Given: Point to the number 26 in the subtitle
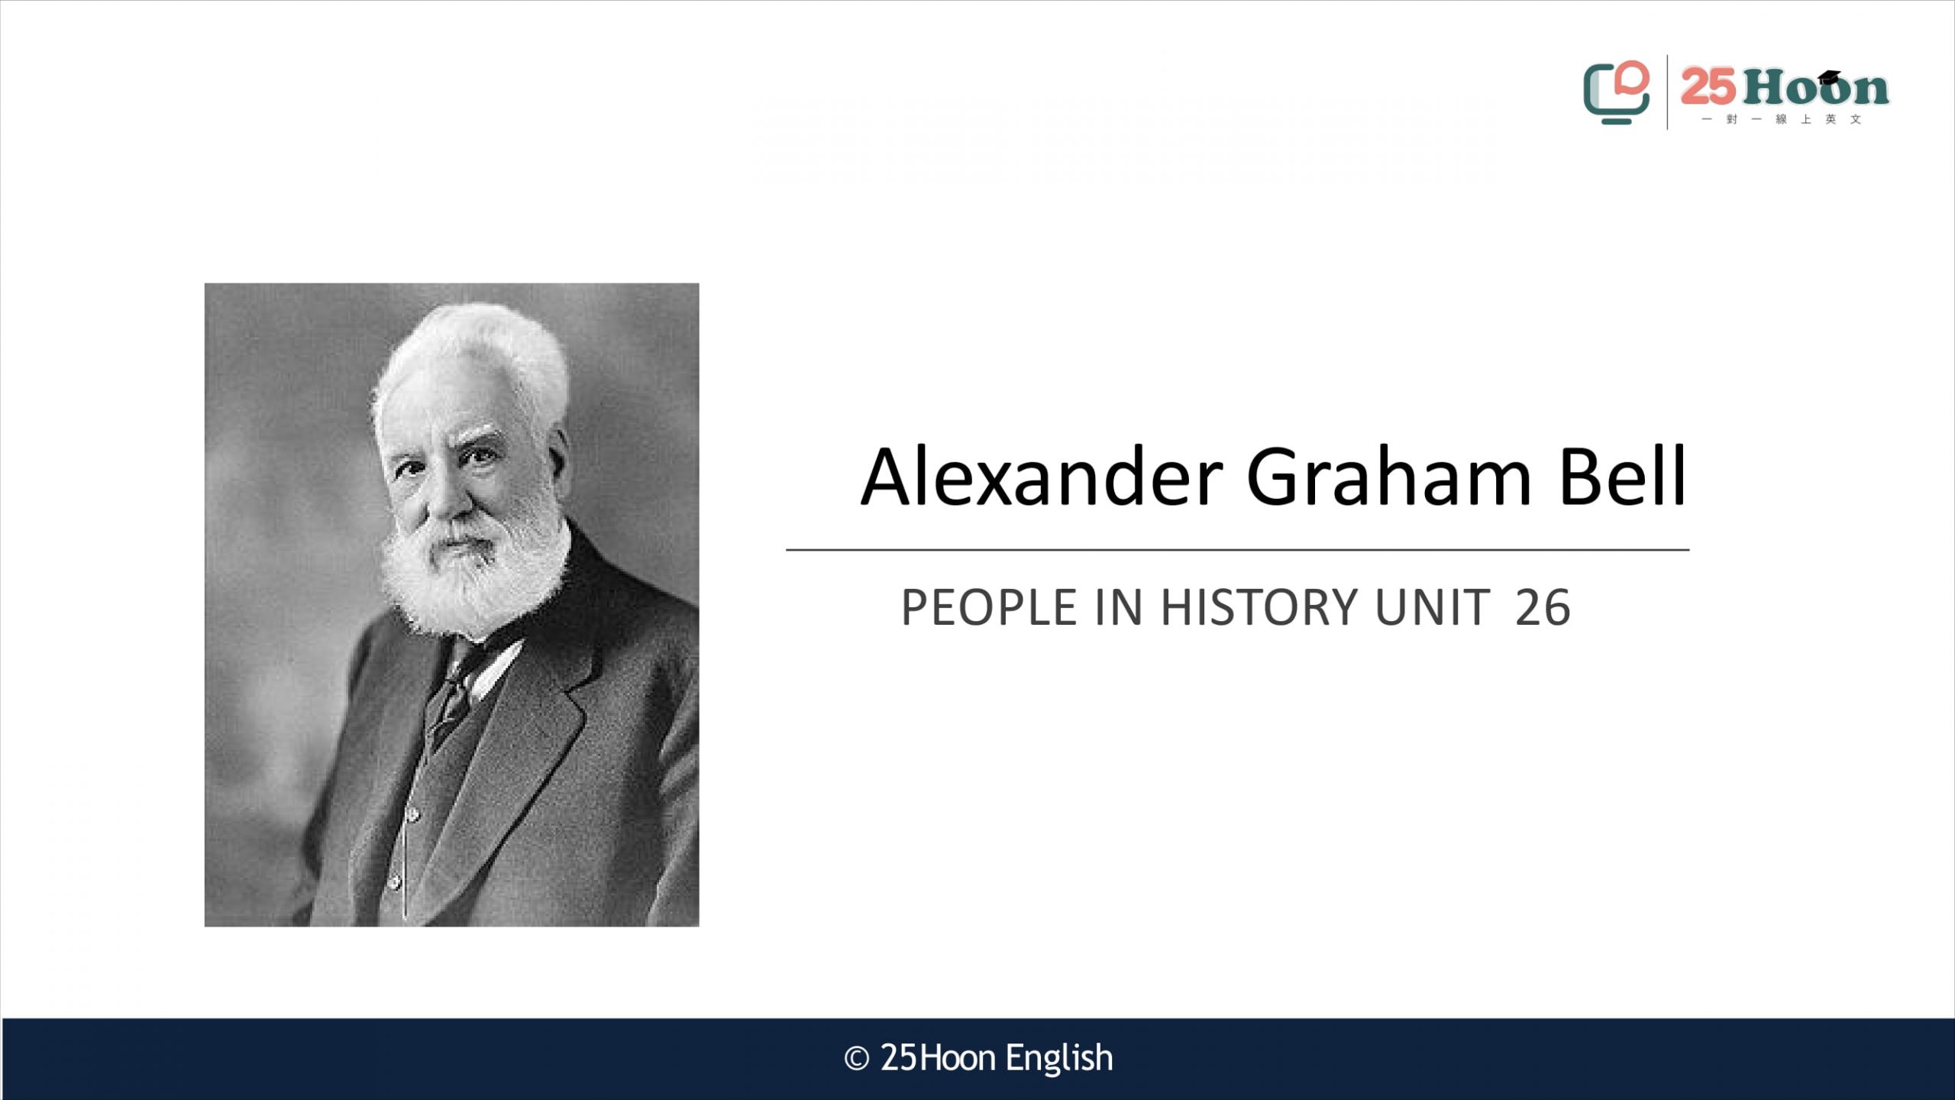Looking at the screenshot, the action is pyautogui.click(x=1543, y=608).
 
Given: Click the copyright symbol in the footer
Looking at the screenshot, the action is pyautogui.click(x=857, y=1059).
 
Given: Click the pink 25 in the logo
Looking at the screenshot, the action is pyautogui.click(x=1708, y=86).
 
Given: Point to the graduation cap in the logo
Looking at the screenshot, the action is pyautogui.click(x=1829, y=77).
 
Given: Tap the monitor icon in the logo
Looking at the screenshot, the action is pyautogui.click(x=1616, y=92).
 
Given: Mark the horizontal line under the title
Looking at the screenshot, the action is pyautogui.click(x=1237, y=549).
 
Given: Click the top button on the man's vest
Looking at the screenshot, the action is pyautogui.click(x=413, y=816).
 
